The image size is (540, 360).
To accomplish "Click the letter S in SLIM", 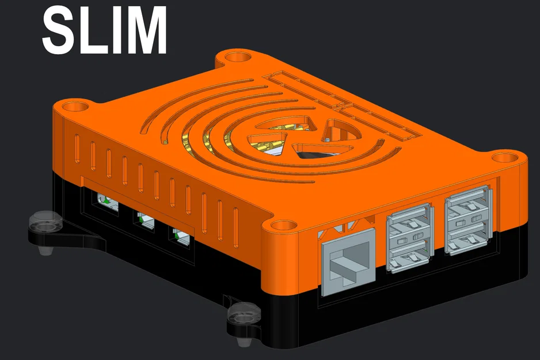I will pos(59,30).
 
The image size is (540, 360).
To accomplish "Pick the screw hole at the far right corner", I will pos(506,158).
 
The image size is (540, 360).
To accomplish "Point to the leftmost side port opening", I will pos(105,202).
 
